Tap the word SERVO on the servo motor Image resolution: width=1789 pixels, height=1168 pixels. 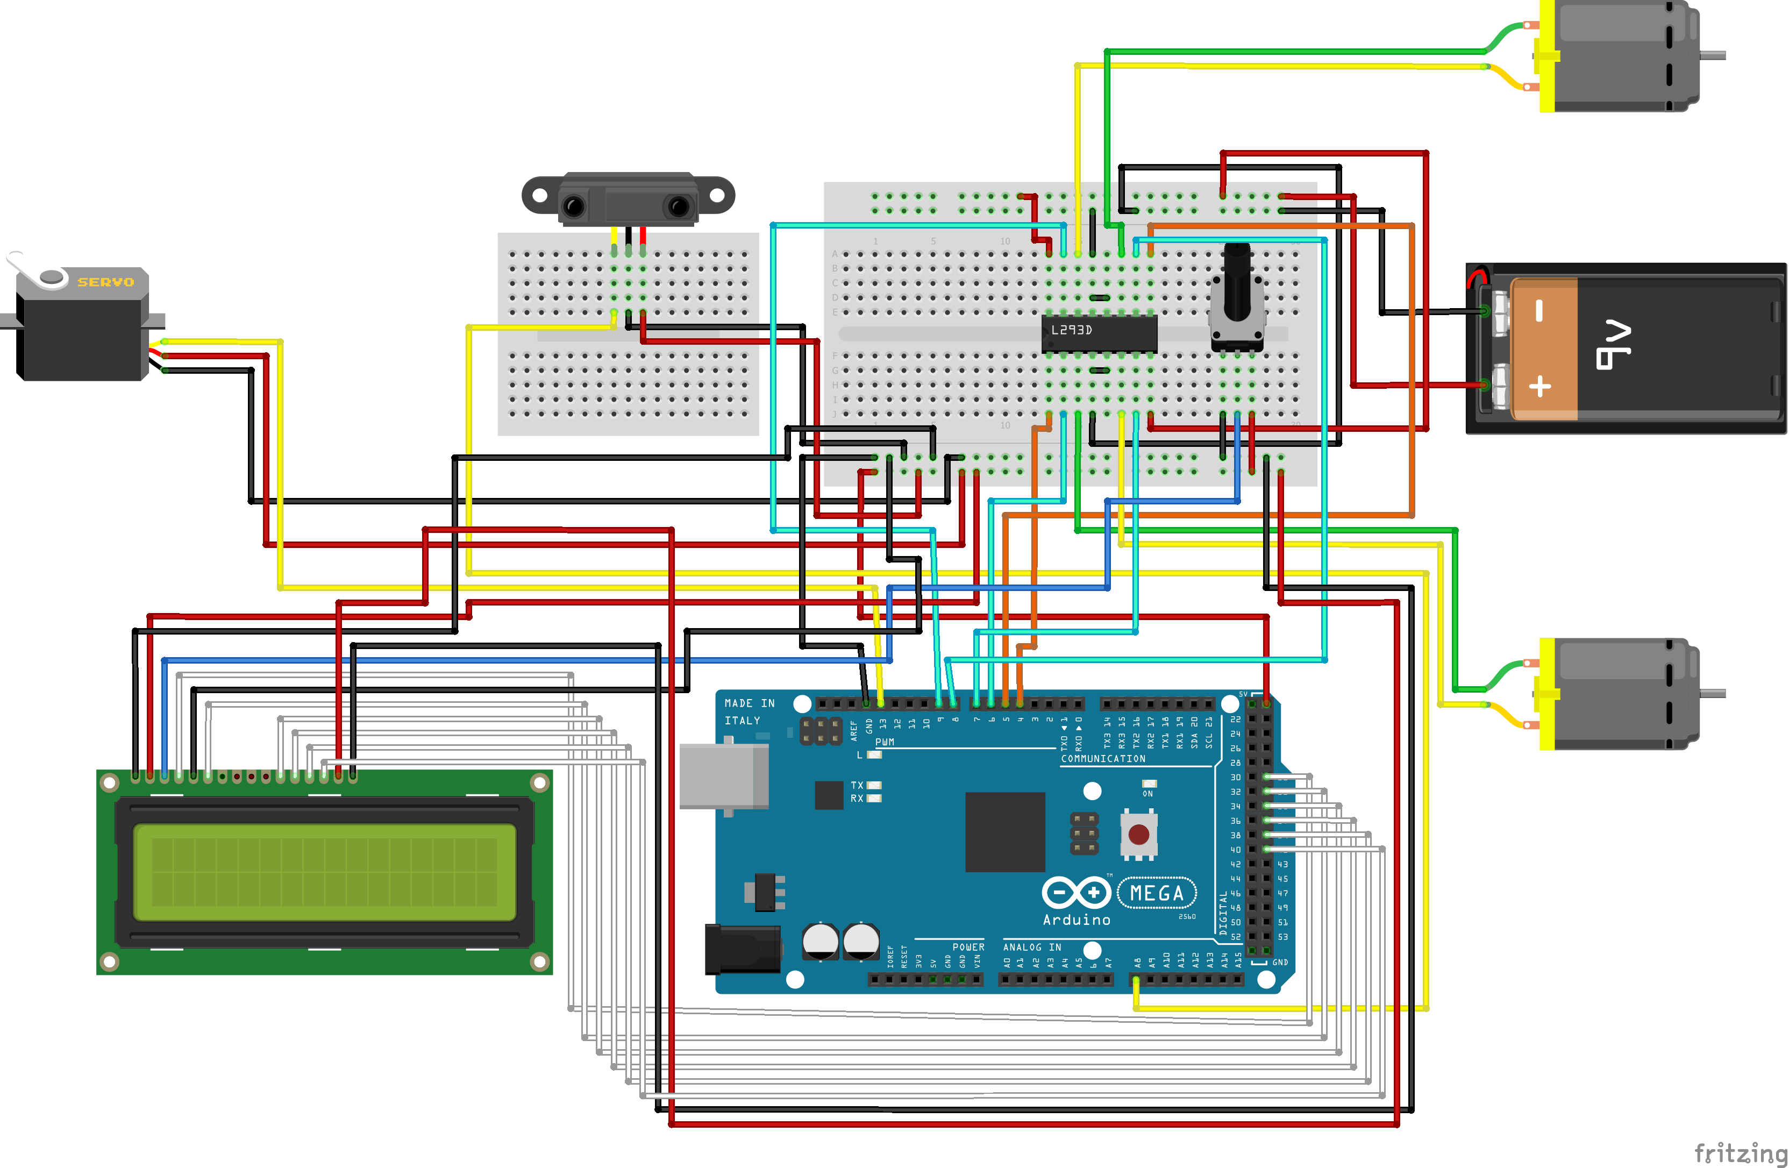[105, 282]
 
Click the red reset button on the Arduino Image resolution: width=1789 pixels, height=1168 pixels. [1138, 834]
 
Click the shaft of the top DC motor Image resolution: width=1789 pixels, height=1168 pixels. [1712, 55]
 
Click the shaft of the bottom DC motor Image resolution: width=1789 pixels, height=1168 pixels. [1712, 693]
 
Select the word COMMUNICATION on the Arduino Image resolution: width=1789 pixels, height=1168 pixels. [1103, 758]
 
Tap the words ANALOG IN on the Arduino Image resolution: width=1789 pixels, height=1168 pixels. [1031, 947]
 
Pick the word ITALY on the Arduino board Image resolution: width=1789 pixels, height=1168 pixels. [742, 720]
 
